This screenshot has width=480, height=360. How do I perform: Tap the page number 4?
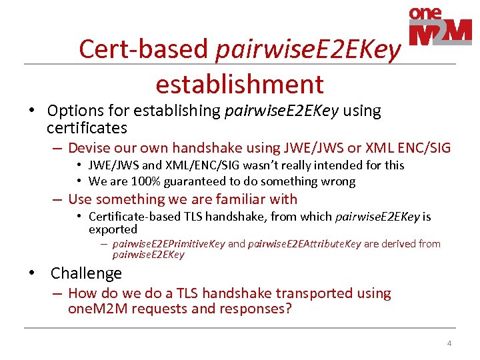point(449,343)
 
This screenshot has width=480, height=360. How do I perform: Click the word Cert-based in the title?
point(144,49)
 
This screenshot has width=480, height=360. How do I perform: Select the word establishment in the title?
point(239,85)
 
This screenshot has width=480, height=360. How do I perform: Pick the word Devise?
point(90,148)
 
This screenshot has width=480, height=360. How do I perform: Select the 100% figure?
point(137,181)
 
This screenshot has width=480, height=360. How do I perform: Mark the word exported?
point(113,229)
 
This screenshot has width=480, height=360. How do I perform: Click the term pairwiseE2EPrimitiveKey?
point(169,244)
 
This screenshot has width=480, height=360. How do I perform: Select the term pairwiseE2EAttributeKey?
point(304,244)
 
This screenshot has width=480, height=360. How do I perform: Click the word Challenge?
point(86,273)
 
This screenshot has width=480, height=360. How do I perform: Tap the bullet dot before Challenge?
point(31,273)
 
